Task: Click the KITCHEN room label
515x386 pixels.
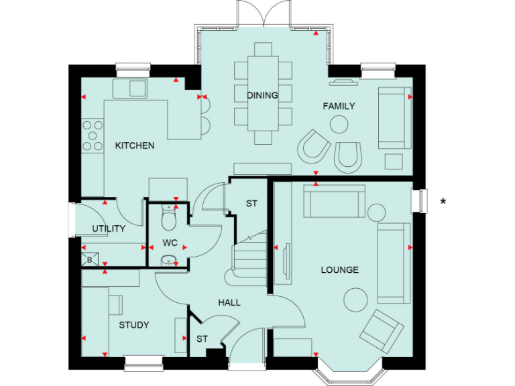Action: coord(135,145)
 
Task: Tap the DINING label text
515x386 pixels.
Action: coord(262,95)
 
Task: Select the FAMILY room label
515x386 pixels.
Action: coord(339,106)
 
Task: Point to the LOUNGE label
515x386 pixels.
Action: coord(339,270)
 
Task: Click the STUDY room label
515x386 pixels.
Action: coord(134,325)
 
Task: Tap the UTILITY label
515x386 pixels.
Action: coord(109,229)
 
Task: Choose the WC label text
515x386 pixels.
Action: coord(170,243)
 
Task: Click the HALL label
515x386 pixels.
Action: coord(229,302)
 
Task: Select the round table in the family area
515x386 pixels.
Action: coord(339,125)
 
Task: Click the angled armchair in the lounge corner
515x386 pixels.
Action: coord(382,331)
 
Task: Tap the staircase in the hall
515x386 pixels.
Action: coord(249,258)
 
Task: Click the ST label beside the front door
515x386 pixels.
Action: coord(202,339)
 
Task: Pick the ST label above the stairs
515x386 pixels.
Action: coord(251,203)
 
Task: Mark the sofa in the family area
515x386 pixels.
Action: coord(394,117)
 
